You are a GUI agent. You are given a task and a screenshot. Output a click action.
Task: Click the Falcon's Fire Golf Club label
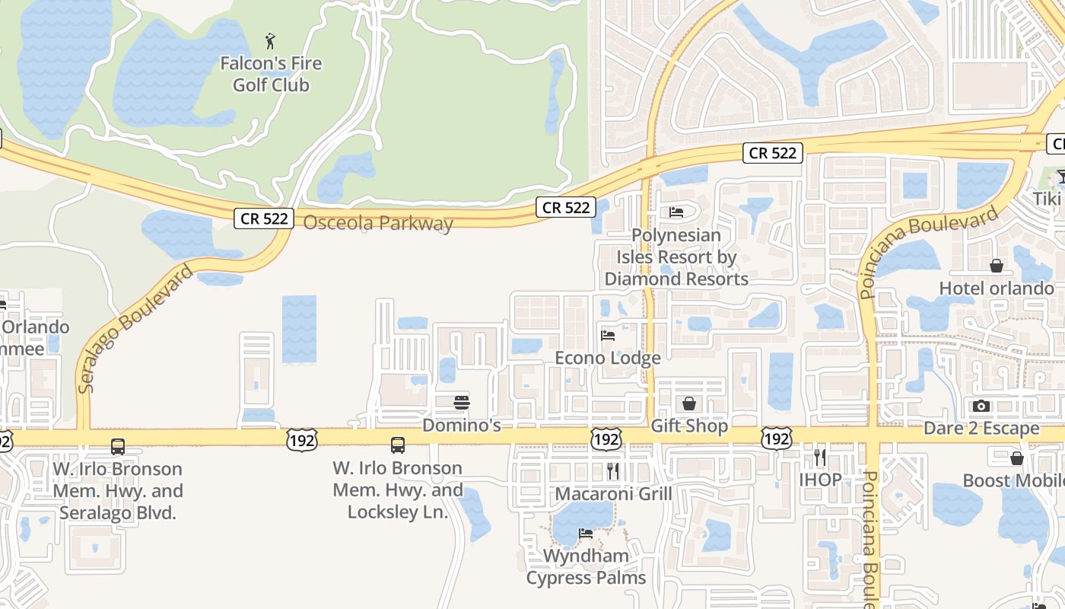click(x=271, y=75)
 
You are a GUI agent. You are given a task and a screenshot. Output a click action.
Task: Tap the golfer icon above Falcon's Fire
click(x=270, y=41)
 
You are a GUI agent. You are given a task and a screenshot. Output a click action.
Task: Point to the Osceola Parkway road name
click(x=378, y=223)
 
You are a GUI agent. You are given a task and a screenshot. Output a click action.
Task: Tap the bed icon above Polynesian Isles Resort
click(x=676, y=212)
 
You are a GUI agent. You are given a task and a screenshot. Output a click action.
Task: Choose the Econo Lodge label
click(x=608, y=358)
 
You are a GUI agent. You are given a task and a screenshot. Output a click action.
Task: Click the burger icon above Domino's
click(x=462, y=402)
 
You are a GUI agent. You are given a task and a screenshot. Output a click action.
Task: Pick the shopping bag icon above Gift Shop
click(x=689, y=403)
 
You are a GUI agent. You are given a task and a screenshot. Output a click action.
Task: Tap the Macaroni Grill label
click(x=613, y=494)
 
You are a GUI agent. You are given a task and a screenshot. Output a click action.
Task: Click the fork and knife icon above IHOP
click(x=820, y=457)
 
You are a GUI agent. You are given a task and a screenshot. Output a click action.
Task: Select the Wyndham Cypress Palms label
click(x=586, y=566)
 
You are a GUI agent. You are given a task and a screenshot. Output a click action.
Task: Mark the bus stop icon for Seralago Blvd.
click(x=118, y=447)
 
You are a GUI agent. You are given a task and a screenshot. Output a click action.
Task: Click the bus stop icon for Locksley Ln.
click(x=398, y=445)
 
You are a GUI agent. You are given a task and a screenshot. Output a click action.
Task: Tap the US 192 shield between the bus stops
click(x=302, y=439)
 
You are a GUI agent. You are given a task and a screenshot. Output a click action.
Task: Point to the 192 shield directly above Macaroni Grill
click(x=606, y=438)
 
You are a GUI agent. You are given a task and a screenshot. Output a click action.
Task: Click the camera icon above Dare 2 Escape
click(x=981, y=406)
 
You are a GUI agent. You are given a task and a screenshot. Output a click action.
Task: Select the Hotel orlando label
click(x=997, y=289)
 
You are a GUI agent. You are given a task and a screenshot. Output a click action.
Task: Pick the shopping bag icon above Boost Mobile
click(x=1017, y=458)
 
